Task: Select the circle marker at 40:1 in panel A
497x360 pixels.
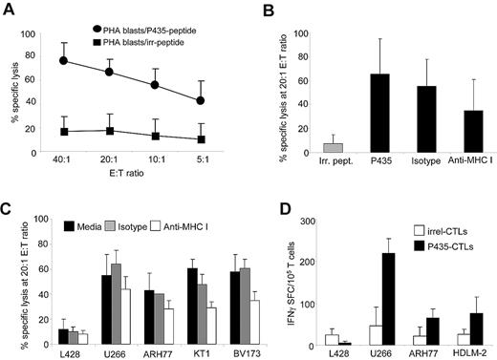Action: tap(63, 60)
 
